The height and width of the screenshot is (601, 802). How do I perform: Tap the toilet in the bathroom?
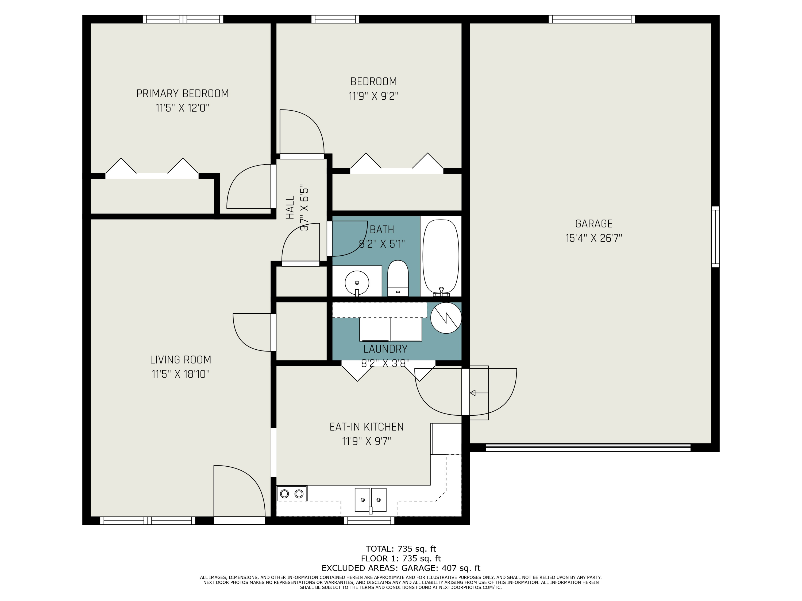point(398,278)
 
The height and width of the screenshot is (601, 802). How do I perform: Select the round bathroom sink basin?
point(357,283)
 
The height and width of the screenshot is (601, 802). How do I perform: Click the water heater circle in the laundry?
point(446,318)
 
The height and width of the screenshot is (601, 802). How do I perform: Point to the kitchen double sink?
point(370,500)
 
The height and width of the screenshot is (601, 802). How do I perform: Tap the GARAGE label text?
point(594,224)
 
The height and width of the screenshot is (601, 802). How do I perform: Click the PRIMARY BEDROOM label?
point(182,93)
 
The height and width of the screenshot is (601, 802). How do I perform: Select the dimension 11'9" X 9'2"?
point(373,96)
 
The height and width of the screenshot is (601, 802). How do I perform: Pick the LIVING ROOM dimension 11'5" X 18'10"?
point(180,374)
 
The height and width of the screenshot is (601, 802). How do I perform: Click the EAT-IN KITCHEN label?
point(367,427)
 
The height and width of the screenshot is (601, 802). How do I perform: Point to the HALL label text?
point(290,208)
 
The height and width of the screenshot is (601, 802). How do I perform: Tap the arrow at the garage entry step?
point(479,393)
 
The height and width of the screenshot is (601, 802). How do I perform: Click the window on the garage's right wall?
point(715,237)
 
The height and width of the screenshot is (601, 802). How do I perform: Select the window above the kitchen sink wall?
point(369,521)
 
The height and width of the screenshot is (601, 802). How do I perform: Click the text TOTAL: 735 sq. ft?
point(401,549)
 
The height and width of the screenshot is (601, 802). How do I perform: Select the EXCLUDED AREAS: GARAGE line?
point(401,568)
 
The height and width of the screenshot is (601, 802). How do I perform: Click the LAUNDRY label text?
point(385,349)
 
